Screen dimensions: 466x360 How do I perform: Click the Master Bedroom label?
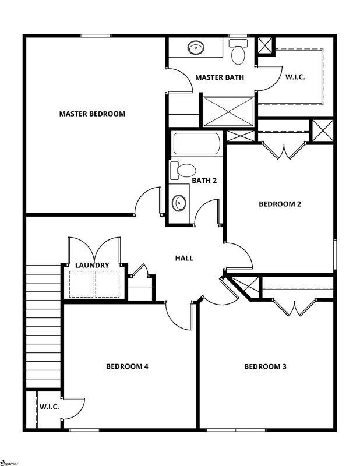92,114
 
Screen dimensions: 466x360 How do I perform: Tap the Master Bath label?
220,77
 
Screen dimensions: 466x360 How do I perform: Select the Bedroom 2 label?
280,204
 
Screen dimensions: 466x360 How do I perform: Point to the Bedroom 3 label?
265,366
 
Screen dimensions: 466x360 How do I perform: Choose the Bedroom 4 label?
127,366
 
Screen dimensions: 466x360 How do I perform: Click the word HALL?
184,258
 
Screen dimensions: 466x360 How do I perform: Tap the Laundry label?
92,265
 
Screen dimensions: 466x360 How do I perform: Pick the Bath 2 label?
204,181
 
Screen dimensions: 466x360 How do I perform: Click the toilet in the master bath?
238,53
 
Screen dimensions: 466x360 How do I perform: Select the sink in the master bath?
195,48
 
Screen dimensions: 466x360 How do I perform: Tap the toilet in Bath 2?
184,171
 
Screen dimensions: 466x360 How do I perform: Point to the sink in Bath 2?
179,204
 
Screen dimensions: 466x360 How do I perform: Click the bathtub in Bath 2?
197,144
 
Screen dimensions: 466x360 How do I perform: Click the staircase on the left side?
43,326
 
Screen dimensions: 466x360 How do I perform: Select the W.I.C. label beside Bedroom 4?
49,407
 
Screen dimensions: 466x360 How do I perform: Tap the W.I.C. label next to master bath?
295,77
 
